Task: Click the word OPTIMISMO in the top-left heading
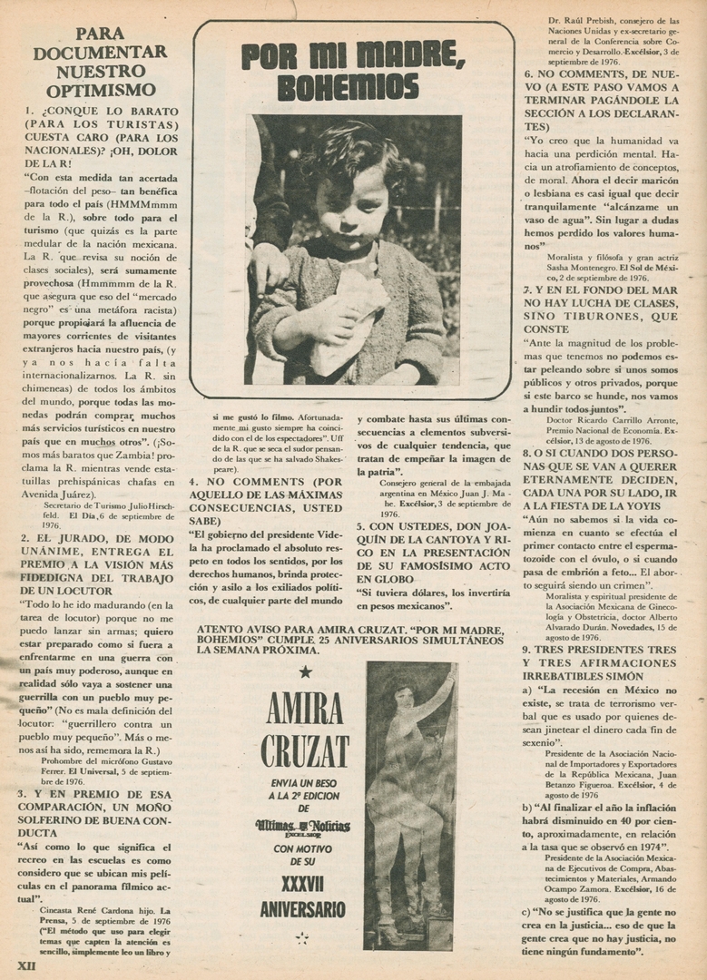coord(100,90)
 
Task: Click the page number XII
coord(25,965)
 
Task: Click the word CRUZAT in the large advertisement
coord(303,750)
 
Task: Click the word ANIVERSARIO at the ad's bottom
coord(303,908)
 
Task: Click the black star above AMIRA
coord(305,671)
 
